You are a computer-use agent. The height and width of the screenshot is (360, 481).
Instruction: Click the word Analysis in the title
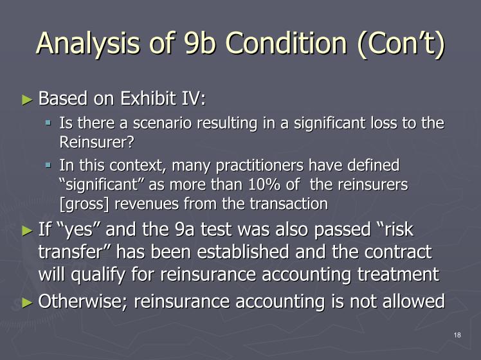[x=88, y=44]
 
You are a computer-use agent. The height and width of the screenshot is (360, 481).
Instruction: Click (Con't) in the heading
[x=401, y=44]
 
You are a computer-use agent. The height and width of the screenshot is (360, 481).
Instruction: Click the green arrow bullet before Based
[x=27, y=100]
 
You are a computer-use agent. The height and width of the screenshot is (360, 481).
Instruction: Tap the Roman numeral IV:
[x=194, y=98]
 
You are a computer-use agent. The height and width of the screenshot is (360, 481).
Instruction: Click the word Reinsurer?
[x=96, y=141]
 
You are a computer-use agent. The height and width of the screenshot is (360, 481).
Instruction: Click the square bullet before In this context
[x=48, y=166]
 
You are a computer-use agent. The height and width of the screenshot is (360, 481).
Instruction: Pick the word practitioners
[x=260, y=166]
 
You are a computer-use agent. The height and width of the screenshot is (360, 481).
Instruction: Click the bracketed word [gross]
[x=84, y=204]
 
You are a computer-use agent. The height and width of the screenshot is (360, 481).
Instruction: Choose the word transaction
[x=289, y=204]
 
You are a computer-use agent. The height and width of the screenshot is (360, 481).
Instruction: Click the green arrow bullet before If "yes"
[x=27, y=231]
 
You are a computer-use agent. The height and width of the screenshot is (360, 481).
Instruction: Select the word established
[x=243, y=252]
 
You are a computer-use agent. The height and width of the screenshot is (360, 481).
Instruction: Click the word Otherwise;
[x=82, y=301]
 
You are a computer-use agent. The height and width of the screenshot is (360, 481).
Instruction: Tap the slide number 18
[x=457, y=335]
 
